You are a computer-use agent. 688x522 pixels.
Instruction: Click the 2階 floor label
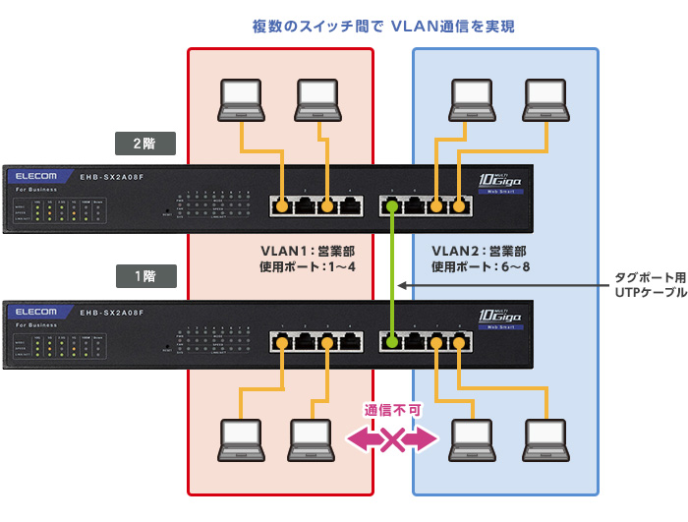(144, 143)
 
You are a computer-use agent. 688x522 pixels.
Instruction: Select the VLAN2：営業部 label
(479, 251)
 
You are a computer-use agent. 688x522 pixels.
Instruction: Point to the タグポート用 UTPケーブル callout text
(650, 285)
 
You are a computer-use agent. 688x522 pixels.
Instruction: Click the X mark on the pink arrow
(392, 439)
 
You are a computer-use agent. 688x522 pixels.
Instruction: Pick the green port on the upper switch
(392, 206)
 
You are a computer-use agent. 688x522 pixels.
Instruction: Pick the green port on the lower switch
(392, 342)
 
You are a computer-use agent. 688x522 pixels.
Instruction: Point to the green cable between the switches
(392, 274)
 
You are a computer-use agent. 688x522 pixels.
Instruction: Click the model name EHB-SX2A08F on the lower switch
(112, 313)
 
